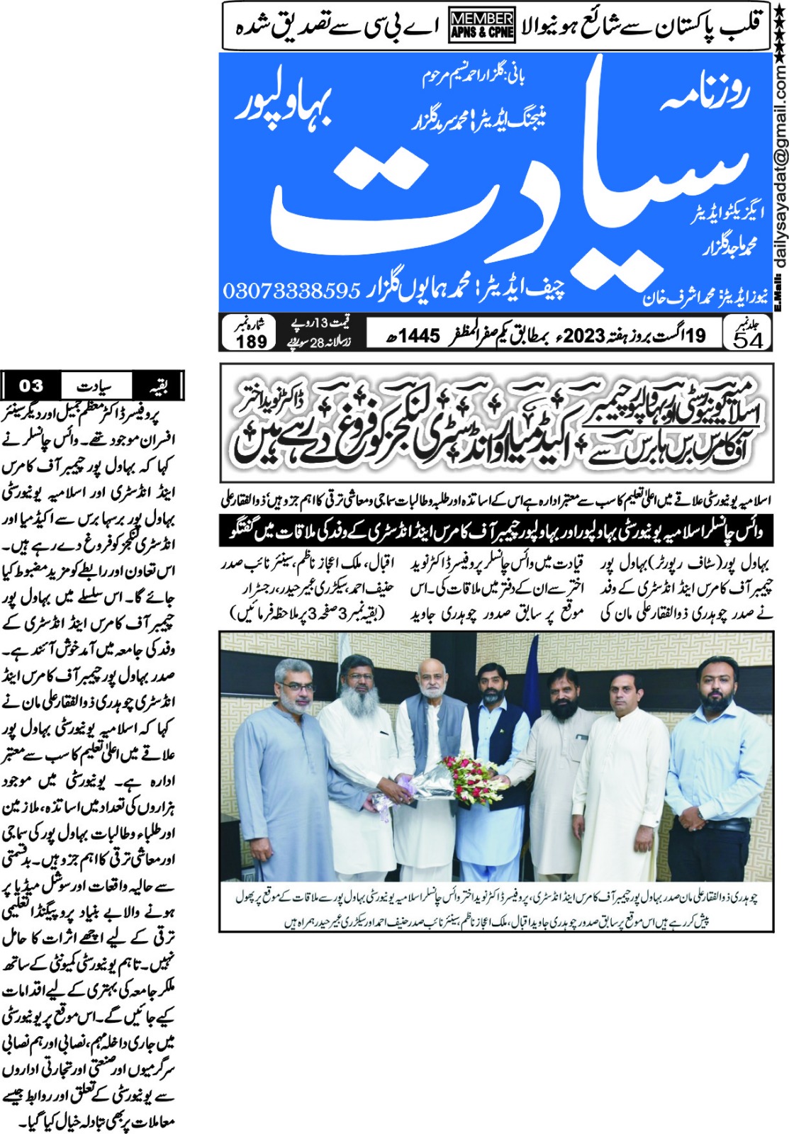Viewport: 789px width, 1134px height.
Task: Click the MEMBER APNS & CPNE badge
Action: [x=482, y=26]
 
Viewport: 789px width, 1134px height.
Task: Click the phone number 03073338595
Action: [x=292, y=291]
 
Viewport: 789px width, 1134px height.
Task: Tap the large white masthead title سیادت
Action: [x=496, y=184]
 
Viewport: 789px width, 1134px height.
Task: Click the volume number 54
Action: [x=749, y=340]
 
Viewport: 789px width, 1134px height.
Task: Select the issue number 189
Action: [x=251, y=341]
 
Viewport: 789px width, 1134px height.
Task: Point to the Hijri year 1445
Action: [x=419, y=335]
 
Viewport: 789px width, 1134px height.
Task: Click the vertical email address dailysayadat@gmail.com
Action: [x=780, y=170]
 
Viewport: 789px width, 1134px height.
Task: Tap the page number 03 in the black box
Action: [x=31, y=386]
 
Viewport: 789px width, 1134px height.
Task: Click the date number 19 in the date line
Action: [x=695, y=335]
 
